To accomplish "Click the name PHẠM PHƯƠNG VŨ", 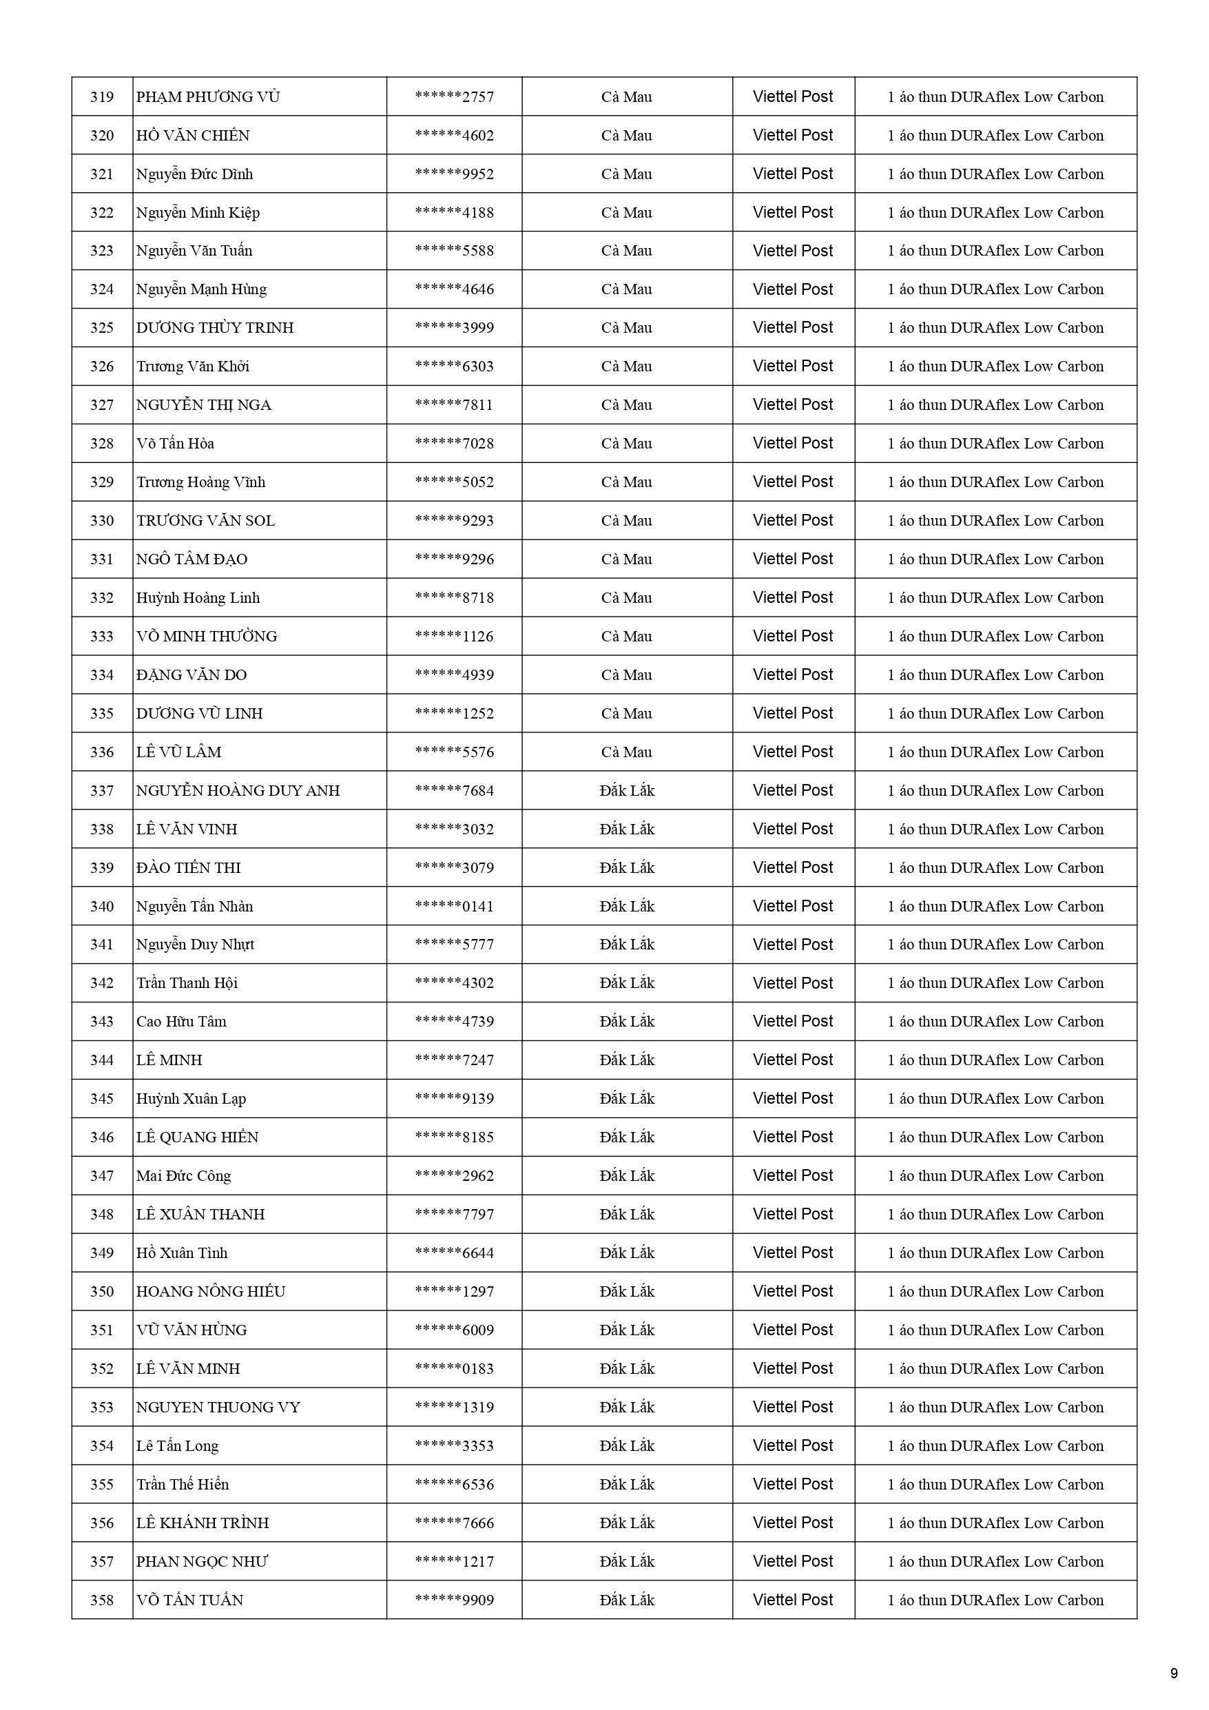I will point(208,97).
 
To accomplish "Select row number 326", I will point(102,367).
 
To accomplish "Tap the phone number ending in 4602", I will point(455,136).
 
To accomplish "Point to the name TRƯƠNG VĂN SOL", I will point(205,521).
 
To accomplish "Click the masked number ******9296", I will point(455,559).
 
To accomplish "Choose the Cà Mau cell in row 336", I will point(626,752).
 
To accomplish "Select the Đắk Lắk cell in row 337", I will point(626,791).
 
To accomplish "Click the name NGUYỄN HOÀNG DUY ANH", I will point(238,791).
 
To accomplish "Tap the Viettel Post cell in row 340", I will point(793,907).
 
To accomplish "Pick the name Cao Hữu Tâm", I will point(181,1022).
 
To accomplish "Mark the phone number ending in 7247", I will point(455,1060).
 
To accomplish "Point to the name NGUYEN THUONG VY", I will point(218,1407).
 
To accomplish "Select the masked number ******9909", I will point(455,1600).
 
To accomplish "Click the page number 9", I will point(1174,1673).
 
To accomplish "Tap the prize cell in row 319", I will point(995,97).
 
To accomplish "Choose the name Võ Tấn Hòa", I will point(175,444).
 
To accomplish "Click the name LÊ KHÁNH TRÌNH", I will point(203,1523).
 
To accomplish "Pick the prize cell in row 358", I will point(995,1600).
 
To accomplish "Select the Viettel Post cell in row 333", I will point(793,637).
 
